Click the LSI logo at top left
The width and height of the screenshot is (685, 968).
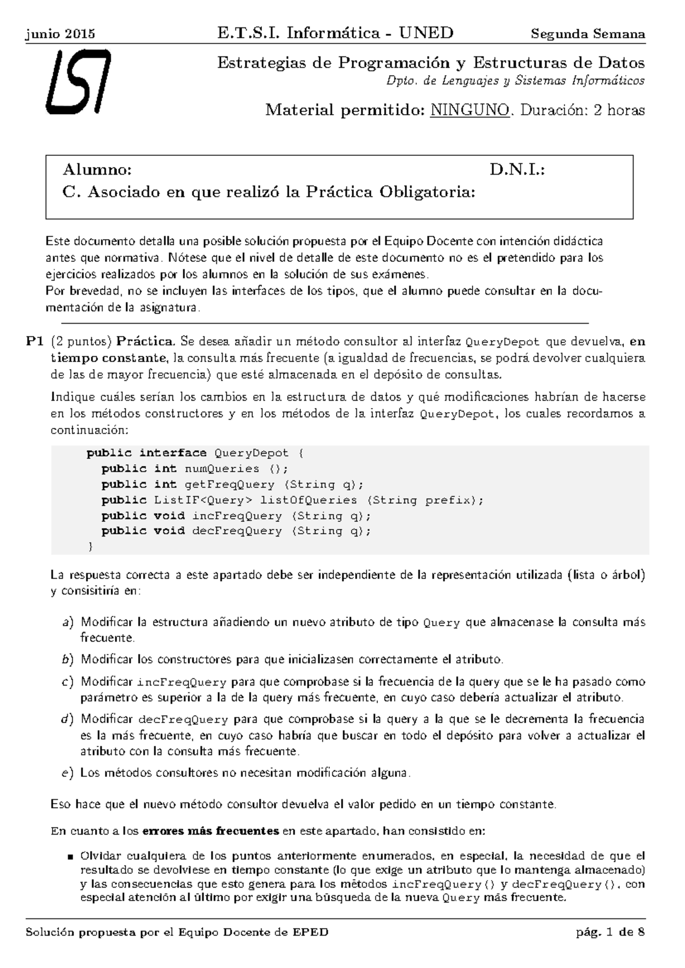[x=78, y=82]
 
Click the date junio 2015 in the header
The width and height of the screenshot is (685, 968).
[x=61, y=34]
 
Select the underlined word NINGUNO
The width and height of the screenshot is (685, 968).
[x=470, y=110]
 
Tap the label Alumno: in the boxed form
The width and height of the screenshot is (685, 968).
[x=97, y=170]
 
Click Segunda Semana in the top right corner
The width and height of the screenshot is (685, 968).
[x=588, y=34]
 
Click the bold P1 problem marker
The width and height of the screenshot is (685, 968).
[x=35, y=342]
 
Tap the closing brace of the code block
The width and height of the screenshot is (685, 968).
[x=90, y=547]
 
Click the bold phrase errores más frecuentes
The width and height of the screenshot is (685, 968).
[x=210, y=830]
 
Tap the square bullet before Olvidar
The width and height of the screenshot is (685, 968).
[x=70, y=857]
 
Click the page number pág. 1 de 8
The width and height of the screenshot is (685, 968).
[x=611, y=933]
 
